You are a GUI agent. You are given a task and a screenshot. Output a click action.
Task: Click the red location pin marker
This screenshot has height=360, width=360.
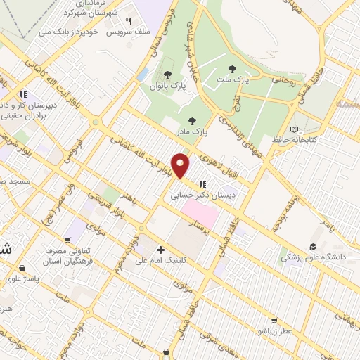(x=181, y=165)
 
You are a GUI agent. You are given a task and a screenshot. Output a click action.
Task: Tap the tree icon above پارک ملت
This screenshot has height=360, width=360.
(x=232, y=69)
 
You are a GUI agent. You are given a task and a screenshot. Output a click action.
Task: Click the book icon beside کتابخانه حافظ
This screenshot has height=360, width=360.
(x=294, y=129)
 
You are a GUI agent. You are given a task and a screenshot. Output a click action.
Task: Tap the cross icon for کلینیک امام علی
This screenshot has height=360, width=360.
(x=161, y=250)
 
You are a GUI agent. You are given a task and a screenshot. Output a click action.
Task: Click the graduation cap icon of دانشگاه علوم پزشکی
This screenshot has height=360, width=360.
(x=312, y=247)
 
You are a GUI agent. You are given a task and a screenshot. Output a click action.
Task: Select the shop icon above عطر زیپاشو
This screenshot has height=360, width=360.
(x=274, y=319)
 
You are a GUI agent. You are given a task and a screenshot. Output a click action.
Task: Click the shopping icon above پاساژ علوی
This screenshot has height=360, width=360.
(x=23, y=268)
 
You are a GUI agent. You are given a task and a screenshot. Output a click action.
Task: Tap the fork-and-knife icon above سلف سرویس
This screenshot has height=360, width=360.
(x=128, y=21)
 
